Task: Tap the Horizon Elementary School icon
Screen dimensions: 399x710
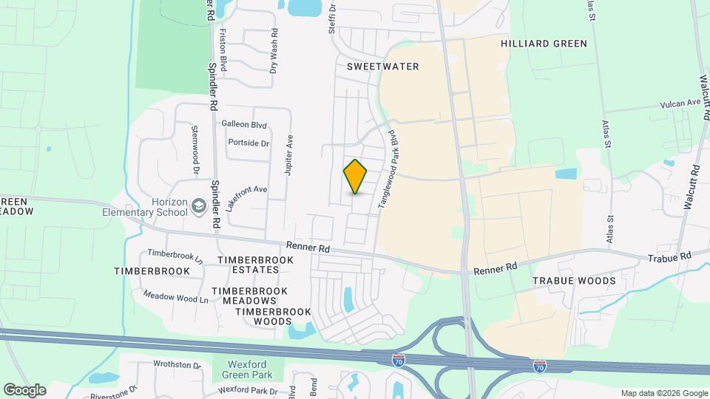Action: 198,205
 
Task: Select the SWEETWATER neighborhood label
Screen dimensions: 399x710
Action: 383,66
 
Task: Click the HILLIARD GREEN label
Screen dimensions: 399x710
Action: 544,44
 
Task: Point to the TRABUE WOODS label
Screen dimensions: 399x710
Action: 574,281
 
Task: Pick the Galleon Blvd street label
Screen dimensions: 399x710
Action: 244,126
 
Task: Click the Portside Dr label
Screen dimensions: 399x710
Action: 248,143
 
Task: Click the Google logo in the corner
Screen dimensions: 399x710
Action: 24,389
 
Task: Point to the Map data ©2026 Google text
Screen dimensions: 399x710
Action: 663,393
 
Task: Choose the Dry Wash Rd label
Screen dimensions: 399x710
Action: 274,50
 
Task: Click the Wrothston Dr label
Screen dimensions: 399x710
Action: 177,364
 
